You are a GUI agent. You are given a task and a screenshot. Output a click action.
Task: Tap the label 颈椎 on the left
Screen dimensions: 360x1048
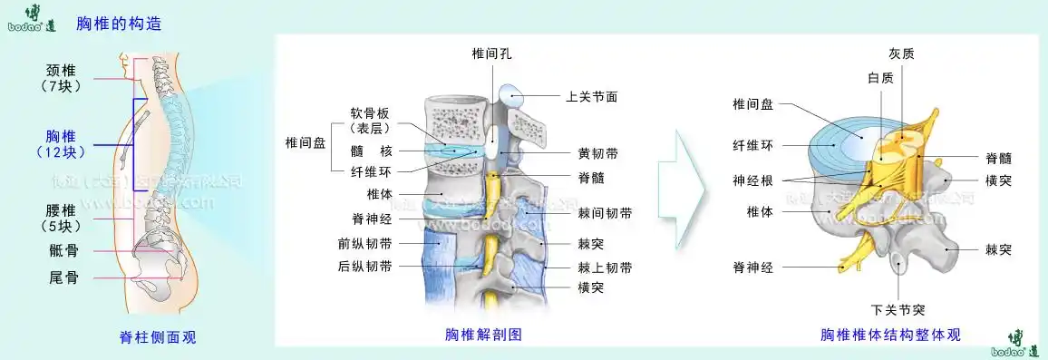(x=63, y=70)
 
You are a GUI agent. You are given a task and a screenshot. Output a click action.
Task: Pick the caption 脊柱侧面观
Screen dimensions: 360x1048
(x=157, y=337)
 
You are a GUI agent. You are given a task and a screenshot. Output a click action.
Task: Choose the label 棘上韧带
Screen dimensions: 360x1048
(x=605, y=268)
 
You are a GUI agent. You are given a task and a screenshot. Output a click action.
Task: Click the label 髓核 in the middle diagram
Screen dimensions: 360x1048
(x=372, y=151)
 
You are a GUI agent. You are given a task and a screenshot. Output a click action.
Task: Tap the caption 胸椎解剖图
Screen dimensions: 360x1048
(x=483, y=334)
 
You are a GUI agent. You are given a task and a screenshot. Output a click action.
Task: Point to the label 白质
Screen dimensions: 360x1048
(x=879, y=78)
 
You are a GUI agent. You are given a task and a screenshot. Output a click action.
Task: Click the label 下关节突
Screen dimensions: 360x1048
(x=898, y=307)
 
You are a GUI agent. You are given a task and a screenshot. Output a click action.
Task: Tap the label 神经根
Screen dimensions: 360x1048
(x=752, y=180)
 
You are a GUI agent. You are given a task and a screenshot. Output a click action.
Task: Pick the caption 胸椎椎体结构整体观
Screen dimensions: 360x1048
(x=890, y=335)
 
